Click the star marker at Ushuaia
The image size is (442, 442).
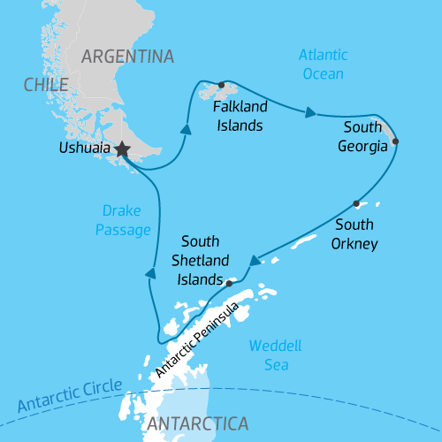pyautogui.click(x=121, y=150)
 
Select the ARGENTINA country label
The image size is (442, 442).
pyautogui.click(x=127, y=57)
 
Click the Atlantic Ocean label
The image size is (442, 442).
pyautogui.click(x=323, y=65)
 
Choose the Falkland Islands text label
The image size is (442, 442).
pyautogui.click(x=238, y=115)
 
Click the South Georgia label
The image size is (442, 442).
pyautogui.click(x=363, y=138)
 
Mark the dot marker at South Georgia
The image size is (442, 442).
pyautogui.click(x=395, y=141)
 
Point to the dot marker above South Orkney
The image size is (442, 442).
pyautogui.click(x=356, y=203)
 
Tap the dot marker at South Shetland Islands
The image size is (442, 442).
pyautogui.click(x=229, y=284)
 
